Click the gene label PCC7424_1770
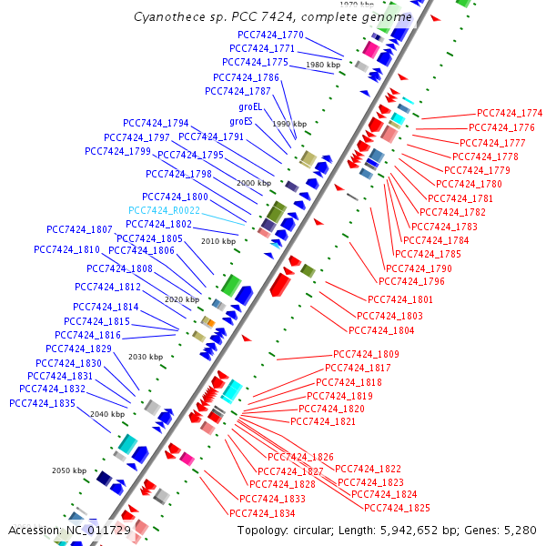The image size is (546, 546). click(x=271, y=35)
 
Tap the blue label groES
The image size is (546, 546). click(x=241, y=121)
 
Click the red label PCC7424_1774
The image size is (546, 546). click(x=509, y=113)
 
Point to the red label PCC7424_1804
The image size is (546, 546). click(x=381, y=330)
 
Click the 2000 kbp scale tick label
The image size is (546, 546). click(x=254, y=183)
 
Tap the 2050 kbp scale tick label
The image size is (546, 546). click(x=68, y=470)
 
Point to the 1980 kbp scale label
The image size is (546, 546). click(x=323, y=66)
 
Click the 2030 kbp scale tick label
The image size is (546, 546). click(x=146, y=357)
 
